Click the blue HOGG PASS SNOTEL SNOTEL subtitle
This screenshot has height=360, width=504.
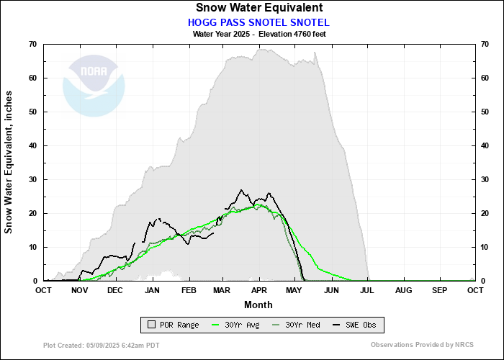[258, 22]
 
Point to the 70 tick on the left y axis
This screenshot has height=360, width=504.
[32, 44]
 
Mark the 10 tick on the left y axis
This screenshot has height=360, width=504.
[32, 247]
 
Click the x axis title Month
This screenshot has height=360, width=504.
[258, 304]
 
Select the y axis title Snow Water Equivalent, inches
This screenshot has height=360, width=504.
[9, 162]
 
